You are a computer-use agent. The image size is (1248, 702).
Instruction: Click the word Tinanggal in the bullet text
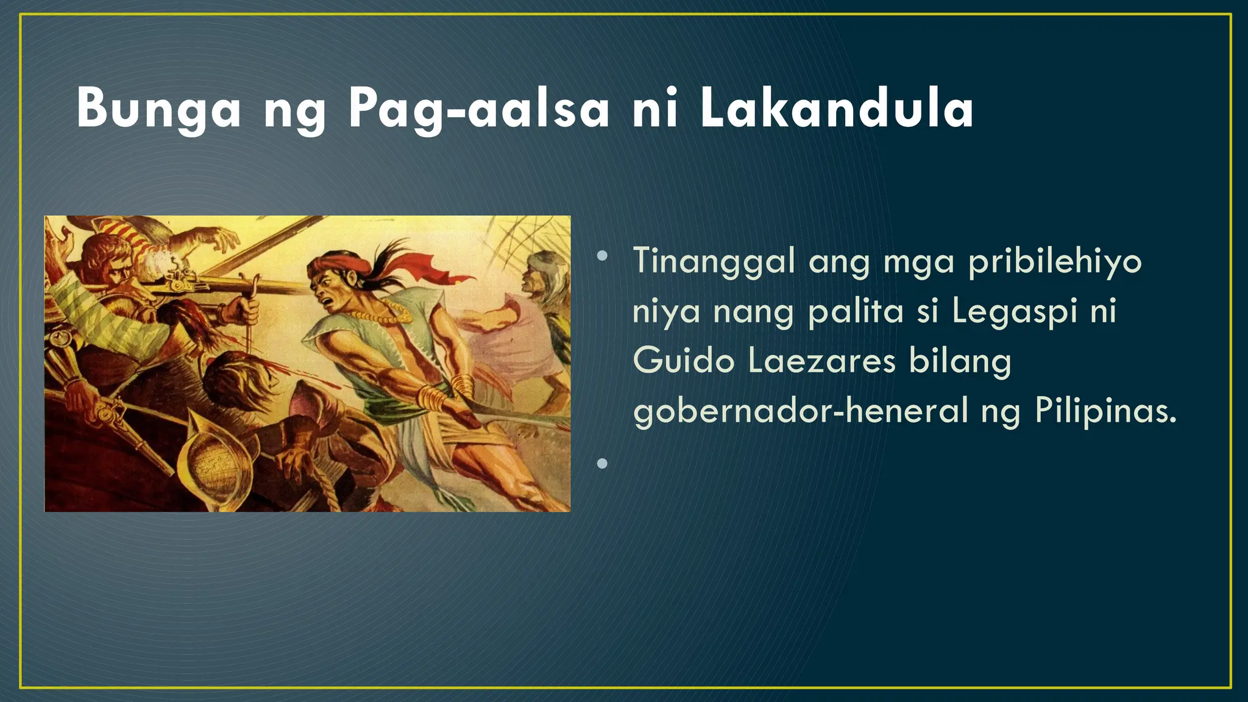(714, 262)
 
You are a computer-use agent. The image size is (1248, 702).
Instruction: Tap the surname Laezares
(821, 361)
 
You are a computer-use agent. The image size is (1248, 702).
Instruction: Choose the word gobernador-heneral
(800, 411)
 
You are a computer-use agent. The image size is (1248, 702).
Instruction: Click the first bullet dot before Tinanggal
(603, 257)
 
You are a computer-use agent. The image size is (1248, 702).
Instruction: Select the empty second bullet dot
(603, 464)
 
